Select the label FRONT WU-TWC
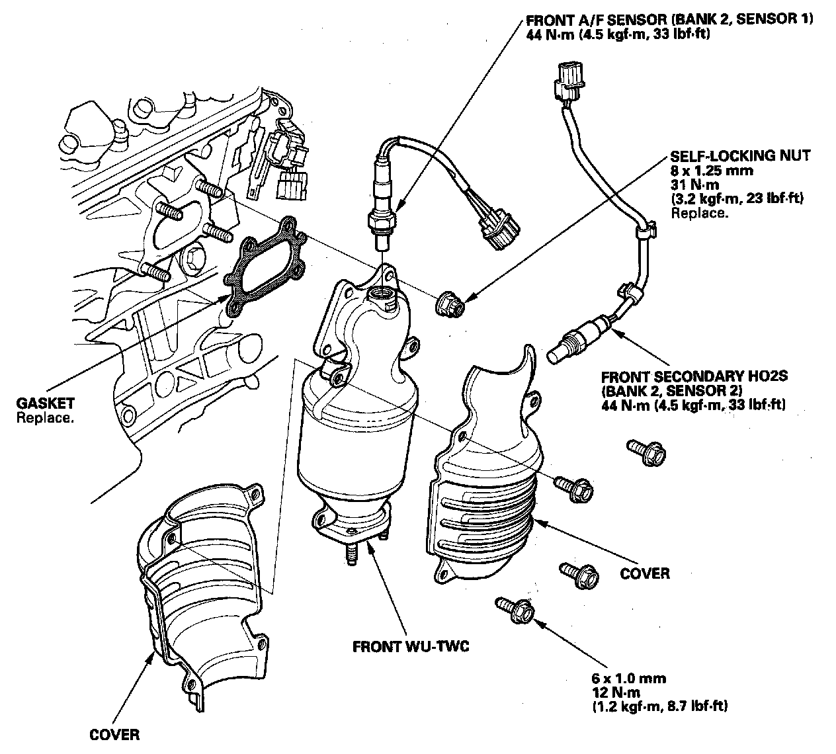[x=411, y=646]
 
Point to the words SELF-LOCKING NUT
[x=740, y=156]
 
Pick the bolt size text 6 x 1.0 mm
[x=629, y=678]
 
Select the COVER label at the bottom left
[x=115, y=734]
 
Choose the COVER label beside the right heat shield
[x=645, y=573]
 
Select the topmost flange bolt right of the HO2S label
[x=646, y=452]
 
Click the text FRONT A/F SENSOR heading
[x=593, y=19]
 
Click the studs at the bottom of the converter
[x=351, y=553]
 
